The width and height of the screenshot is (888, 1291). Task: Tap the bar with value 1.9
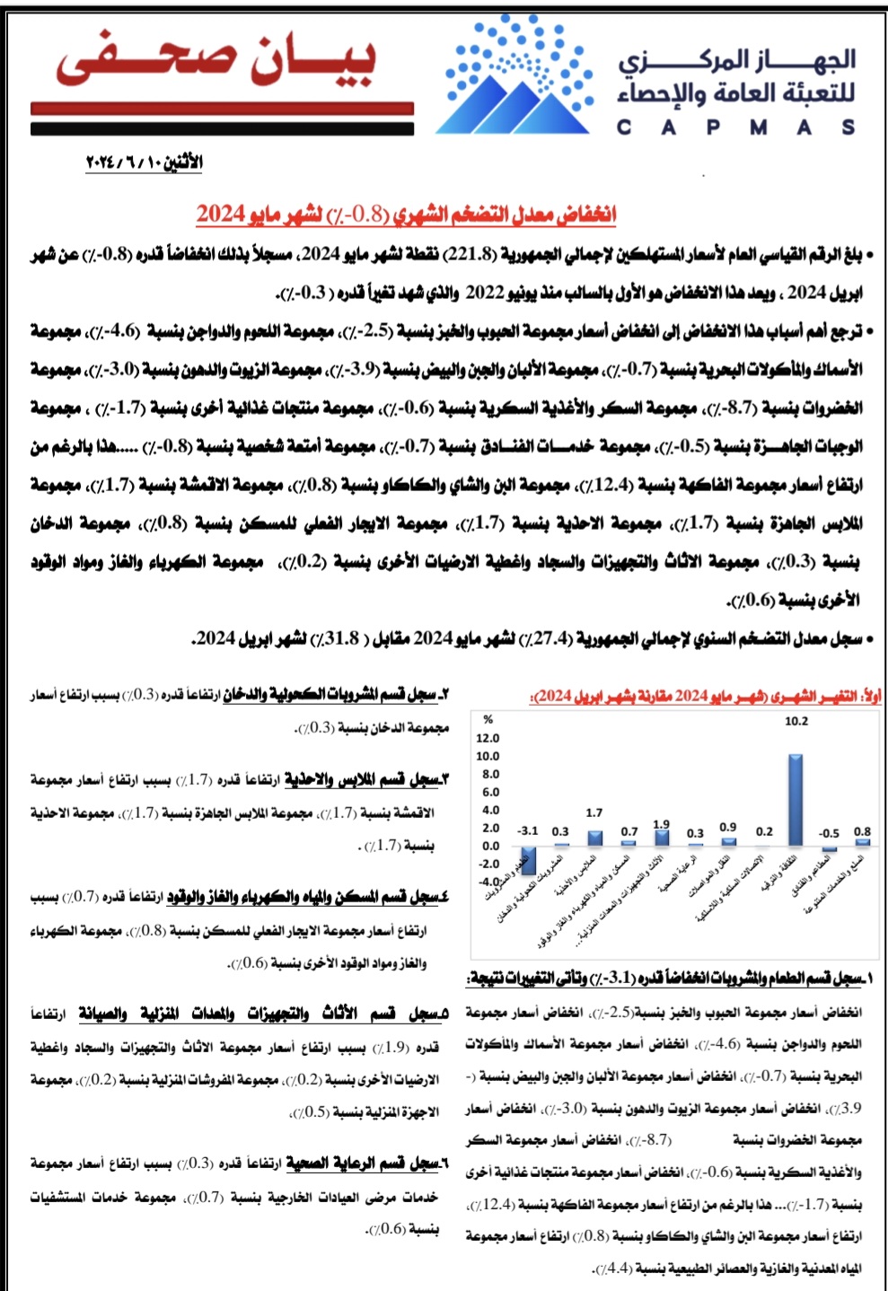[x=663, y=837]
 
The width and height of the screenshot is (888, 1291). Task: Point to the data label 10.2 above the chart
[x=796, y=721]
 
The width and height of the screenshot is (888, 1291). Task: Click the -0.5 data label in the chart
[x=829, y=833]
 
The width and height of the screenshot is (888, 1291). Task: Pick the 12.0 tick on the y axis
[x=489, y=738]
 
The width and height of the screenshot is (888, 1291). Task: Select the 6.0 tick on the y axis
[x=489, y=792]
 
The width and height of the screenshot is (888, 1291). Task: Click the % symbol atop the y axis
[x=488, y=719]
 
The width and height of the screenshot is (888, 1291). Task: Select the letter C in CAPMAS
[x=624, y=127]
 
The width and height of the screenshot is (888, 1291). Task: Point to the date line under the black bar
[x=145, y=162]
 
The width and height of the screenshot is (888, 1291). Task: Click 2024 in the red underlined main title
[x=221, y=214]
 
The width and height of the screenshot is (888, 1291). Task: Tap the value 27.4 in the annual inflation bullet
[x=550, y=638]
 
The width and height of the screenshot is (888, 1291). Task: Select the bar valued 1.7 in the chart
[x=594, y=838]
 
